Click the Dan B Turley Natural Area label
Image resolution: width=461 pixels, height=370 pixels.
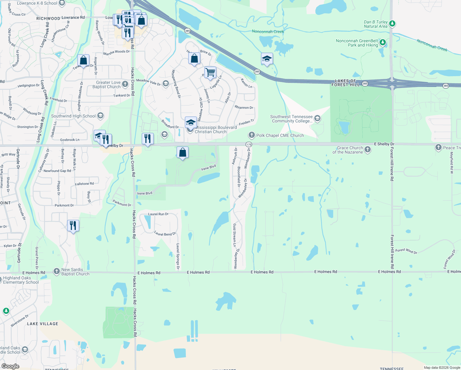click(375, 24)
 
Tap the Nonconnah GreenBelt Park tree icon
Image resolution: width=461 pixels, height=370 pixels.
click(383, 43)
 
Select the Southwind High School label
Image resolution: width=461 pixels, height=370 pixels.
click(73, 116)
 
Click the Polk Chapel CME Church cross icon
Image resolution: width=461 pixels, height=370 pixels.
click(252, 135)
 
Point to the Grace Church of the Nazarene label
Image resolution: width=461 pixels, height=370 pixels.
click(348, 150)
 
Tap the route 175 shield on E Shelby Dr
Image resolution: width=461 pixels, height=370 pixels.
click(249, 144)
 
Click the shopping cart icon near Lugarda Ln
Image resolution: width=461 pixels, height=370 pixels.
click(210, 73)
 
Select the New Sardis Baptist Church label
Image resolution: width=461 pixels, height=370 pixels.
click(75, 272)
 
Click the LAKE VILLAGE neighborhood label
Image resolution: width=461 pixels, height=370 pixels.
click(43, 324)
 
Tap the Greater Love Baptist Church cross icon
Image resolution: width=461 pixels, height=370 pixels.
click(125, 84)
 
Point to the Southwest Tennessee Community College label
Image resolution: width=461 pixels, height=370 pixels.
click(291, 119)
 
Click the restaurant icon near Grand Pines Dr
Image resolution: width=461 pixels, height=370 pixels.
click(73, 225)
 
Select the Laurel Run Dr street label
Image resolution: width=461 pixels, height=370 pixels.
click(158, 214)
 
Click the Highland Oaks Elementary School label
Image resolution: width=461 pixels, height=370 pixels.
click(21, 280)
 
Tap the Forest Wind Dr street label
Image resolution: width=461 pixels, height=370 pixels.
click(406, 251)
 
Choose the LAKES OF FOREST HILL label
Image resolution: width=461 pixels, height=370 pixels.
click(345, 83)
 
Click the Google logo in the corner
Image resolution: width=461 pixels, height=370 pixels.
click(10, 366)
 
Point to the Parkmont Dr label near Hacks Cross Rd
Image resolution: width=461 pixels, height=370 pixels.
click(122, 203)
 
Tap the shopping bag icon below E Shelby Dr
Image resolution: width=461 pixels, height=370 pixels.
click(182, 152)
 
